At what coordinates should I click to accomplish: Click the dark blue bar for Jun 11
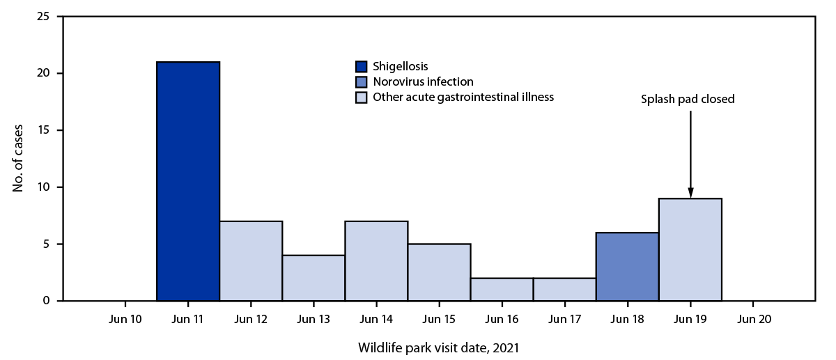click(188, 181)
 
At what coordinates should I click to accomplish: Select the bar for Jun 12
click(251, 261)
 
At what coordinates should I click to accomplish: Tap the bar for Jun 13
click(313, 278)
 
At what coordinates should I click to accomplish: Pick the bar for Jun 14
click(376, 261)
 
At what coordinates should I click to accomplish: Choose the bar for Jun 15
click(439, 272)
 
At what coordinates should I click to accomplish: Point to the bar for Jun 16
click(502, 290)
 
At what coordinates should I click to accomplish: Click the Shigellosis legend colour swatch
click(360, 67)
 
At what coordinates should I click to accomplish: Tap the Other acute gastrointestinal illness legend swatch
click(360, 97)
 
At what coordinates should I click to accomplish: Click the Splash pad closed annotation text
click(688, 100)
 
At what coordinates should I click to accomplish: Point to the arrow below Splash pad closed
click(690, 153)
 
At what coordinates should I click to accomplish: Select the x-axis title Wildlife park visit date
click(438, 346)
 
